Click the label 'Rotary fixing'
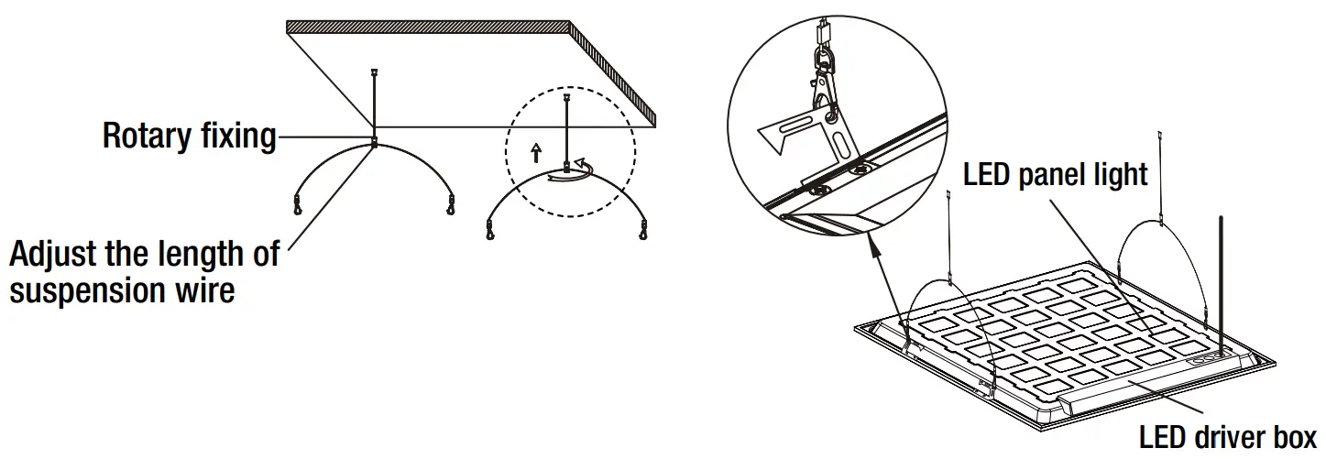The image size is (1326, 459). [x=189, y=137]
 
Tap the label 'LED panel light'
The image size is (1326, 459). [x=1055, y=174]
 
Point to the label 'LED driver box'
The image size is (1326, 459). [x=1227, y=436]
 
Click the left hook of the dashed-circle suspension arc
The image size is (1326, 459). [x=490, y=230]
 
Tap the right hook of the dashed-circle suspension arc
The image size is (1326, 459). [x=642, y=228]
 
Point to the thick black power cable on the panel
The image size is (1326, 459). [x=1221, y=275]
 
